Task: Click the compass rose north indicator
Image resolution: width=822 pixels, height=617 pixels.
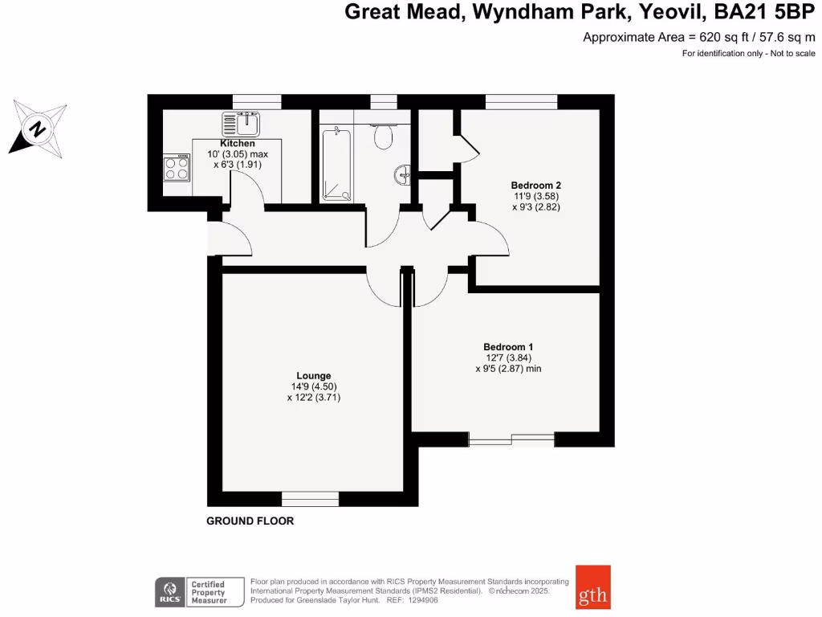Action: click(38, 128)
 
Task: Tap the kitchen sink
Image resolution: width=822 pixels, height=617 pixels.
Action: click(241, 124)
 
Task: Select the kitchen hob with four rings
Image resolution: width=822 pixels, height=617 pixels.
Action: click(177, 168)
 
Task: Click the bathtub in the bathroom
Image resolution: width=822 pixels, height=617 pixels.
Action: click(336, 164)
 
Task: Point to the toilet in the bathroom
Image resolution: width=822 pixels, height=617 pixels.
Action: click(384, 136)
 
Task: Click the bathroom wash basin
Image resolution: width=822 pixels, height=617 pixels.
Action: click(403, 173)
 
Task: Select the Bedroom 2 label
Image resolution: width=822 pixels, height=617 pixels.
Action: click(535, 185)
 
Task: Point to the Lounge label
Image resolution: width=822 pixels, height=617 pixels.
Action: click(313, 375)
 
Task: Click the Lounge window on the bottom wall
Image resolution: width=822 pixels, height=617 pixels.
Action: click(310, 499)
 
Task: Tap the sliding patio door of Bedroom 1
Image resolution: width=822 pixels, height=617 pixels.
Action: click(511, 439)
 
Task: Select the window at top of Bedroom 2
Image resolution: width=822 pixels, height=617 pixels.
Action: click(521, 101)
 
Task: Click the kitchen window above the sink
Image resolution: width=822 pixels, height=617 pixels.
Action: click(257, 101)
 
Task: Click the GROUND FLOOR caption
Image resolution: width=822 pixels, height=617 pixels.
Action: click(250, 521)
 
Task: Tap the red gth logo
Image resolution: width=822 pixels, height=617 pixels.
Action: click(592, 595)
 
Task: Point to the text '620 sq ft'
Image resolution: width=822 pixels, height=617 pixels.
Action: click(721, 37)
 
